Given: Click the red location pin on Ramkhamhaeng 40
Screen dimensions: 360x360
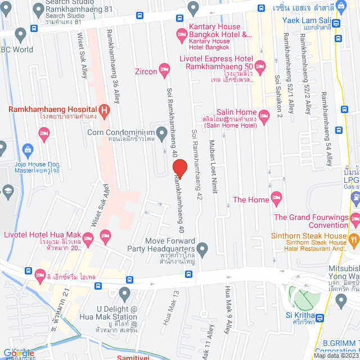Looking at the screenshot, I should (179, 168).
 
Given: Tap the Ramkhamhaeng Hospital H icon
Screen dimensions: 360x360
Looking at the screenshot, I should (103, 110).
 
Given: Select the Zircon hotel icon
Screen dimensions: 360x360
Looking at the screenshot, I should (164, 71).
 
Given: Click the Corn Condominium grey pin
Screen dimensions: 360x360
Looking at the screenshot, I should (162, 133).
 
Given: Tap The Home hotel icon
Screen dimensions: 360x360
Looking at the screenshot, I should (276, 197).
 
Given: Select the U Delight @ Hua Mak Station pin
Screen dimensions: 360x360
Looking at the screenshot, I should (125, 292).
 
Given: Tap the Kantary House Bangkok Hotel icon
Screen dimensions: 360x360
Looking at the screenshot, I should (181, 35).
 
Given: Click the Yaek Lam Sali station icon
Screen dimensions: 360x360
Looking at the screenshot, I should (336, 24).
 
